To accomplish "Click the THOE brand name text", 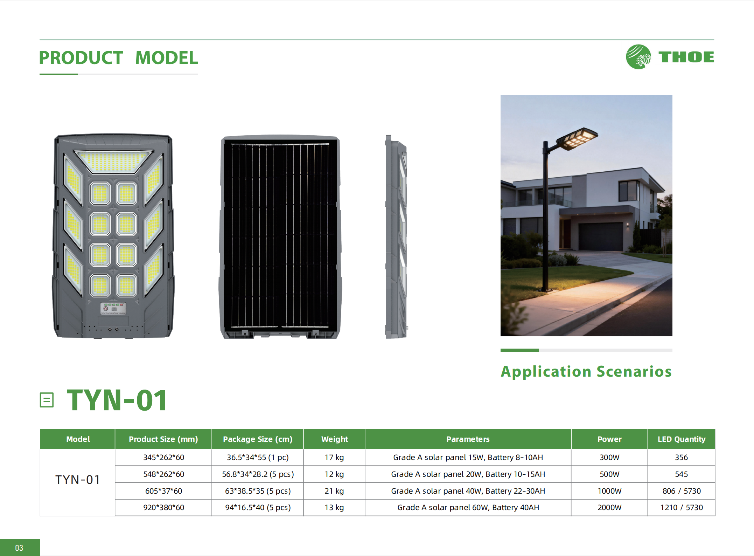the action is click(686, 57).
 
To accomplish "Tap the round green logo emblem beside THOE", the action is click(638, 57).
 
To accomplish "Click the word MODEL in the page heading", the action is click(167, 58).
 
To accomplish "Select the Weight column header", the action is click(334, 439).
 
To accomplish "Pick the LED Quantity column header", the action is click(681, 439).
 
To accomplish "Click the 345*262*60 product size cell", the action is click(163, 457).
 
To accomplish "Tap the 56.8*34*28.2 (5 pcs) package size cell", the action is click(258, 474).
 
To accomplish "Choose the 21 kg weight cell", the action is click(334, 491).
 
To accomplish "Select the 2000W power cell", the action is click(609, 507).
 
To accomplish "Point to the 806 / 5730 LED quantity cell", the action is click(681, 491).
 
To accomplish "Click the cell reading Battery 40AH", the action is click(468, 507).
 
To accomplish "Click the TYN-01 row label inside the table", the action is click(78, 480).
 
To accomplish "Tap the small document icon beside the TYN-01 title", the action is click(47, 400).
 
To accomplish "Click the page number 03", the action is click(19, 548).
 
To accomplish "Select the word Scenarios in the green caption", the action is click(634, 371).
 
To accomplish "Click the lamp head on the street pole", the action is click(577, 138).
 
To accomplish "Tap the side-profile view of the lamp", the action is click(396, 236).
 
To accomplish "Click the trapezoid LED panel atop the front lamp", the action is click(113, 161).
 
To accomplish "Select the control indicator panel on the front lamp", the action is click(113, 309).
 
